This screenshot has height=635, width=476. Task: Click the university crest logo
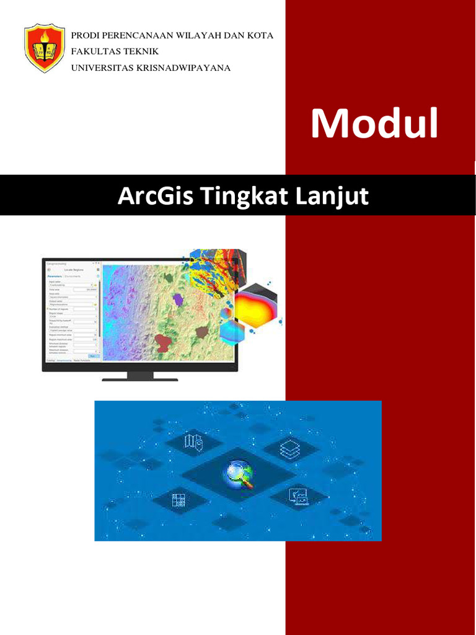pyautogui.click(x=45, y=48)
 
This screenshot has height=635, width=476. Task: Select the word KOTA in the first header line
pyautogui.click(x=260, y=35)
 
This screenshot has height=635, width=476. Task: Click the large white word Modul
pyautogui.click(x=374, y=123)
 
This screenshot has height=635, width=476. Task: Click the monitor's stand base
pyautogui.click(x=139, y=379)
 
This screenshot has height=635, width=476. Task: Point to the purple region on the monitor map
pyautogui.click(x=178, y=300)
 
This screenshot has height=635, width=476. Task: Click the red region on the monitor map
pyautogui.click(x=164, y=342)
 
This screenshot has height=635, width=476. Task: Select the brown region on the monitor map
pyautogui.click(x=201, y=332)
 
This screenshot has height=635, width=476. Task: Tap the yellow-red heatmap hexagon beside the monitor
pyautogui.click(x=257, y=306)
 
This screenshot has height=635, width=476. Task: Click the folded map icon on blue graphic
pyautogui.click(x=193, y=442)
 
